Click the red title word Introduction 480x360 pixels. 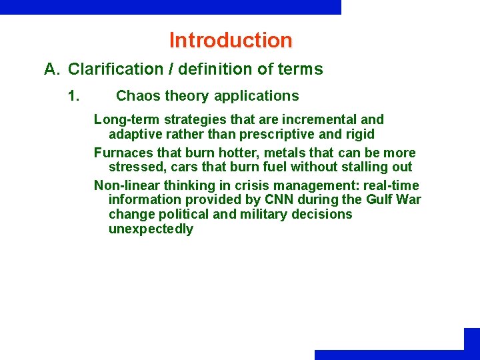pyautogui.click(x=231, y=40)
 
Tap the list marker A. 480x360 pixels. pyautogui.click(x=52, y=69)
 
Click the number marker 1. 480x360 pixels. pyautogui.click(x=74, y=96)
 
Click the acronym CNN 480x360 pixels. pyautogui.click(x=275, y=199)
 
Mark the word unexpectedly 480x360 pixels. pyautogui.click(x=151, y=229)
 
